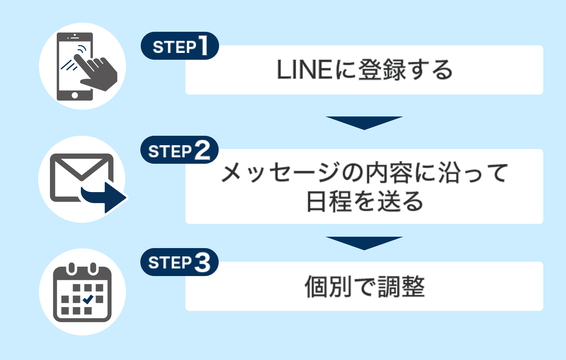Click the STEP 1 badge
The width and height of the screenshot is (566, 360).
point(180,46)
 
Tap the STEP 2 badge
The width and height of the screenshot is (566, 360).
point(179,150)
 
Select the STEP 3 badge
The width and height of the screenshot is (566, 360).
point(179,262)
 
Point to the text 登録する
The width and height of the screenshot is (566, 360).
point(405,70)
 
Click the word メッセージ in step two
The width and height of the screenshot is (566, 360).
point(280,173)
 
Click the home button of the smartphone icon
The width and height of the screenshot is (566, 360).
point(75,95)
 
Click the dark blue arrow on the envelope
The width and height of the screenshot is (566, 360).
point(106,197)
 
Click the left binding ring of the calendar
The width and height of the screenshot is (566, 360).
point(72,269)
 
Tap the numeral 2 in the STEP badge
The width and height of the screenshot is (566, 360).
point(202,150)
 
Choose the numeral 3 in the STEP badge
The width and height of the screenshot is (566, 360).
point(202,262)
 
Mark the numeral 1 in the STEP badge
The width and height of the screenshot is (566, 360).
point(203,46)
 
